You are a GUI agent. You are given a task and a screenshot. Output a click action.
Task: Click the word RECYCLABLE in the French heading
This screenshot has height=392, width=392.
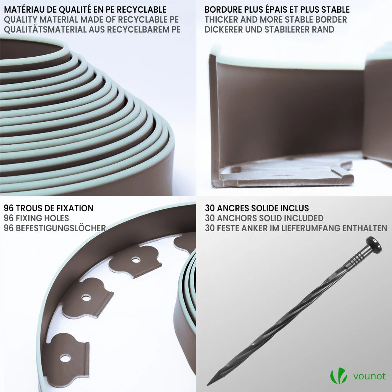coord(142,10)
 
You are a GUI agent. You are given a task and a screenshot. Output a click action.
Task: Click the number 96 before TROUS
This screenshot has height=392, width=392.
coord(9,208)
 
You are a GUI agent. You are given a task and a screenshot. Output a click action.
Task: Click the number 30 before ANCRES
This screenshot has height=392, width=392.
coord(210,208)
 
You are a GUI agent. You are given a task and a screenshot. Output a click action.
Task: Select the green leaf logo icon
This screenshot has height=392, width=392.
coord(338,376)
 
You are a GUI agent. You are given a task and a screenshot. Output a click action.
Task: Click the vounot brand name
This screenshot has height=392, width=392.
coord(369,376)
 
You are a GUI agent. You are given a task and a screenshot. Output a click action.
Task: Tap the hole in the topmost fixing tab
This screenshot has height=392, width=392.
coord(136,260)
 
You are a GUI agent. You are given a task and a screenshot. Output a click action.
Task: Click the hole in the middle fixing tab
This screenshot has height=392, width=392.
coord(86,298)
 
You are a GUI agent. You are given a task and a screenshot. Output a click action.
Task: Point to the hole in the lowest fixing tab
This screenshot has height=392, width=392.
coord(65,358)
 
